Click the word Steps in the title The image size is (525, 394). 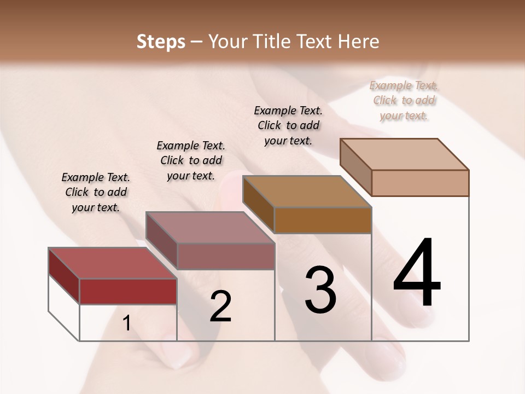[x=161, y=42]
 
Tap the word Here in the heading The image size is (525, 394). [x=359, y=42]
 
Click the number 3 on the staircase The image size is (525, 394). [x=320, y=290]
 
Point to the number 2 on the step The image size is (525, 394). [x=220, y=306]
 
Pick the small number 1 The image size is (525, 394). [x=127, y=323]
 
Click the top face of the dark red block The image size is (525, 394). [x=112, y=263]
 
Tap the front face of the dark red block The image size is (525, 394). [x=128, y=291]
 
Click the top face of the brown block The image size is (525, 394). [x=307, y=192]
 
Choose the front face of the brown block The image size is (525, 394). [x=323, y=220]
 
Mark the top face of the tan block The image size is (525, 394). [x=404, y=154]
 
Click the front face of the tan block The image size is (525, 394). [x=420, y=183]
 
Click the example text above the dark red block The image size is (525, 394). [x=96, y=192]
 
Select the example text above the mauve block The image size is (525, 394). [x=191, y=160]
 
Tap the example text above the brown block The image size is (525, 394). [x=288, y=125]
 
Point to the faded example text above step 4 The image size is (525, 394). [x=404, y=100]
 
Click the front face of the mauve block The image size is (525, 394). [x=226, y=256]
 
